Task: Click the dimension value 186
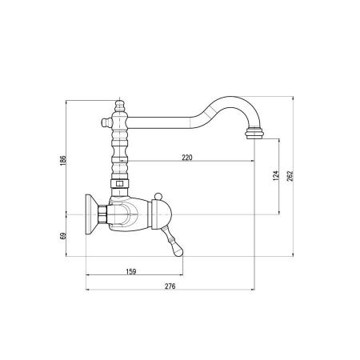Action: tap(63, 160)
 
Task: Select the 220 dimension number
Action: tap(187, 158)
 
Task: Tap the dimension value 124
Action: tap(276, 176)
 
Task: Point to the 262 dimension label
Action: tap(290, 176)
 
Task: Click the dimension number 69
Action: tap(63, 236)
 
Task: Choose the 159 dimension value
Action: tap(131, 271)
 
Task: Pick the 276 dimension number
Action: tap(170, 286)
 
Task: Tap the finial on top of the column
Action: tap(119, 106)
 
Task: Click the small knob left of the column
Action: tap(106, 122)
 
